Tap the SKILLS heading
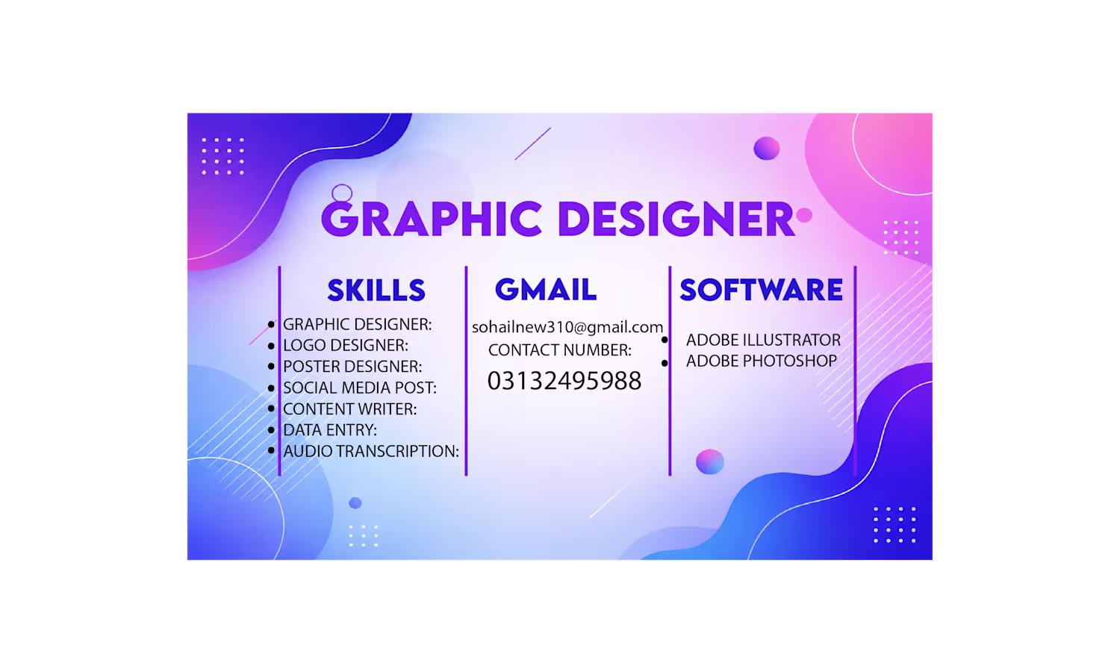[x=376, y=290]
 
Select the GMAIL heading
[x=546, y=290]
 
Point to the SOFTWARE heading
[x=761, y=290]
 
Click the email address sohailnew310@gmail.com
[x=567, y=327]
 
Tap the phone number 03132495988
[x=564, y=381]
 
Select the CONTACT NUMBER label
[x=560, y=350]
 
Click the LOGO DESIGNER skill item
[x=346, y=345]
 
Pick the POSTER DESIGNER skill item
[x=352, y=367]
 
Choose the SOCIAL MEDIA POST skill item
[x=360, y=388]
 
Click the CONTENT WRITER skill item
[x=350, y=409]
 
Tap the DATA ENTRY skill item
[x=330, y=430]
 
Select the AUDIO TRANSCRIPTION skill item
[x=371, y=451]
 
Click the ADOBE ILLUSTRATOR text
[x=764, y=340]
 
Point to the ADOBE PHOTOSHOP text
[x=762, y=361]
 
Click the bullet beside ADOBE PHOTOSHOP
[x=665, y=363]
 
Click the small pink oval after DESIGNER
[x=804, y=215]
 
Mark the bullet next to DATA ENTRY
[x=272, y=429]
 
